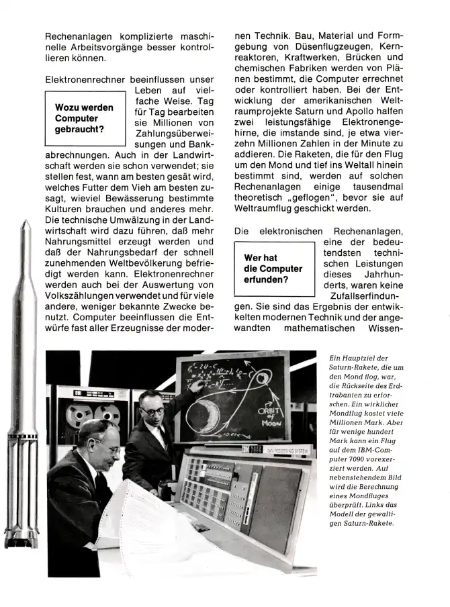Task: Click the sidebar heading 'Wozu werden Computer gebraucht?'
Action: point(84,118)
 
